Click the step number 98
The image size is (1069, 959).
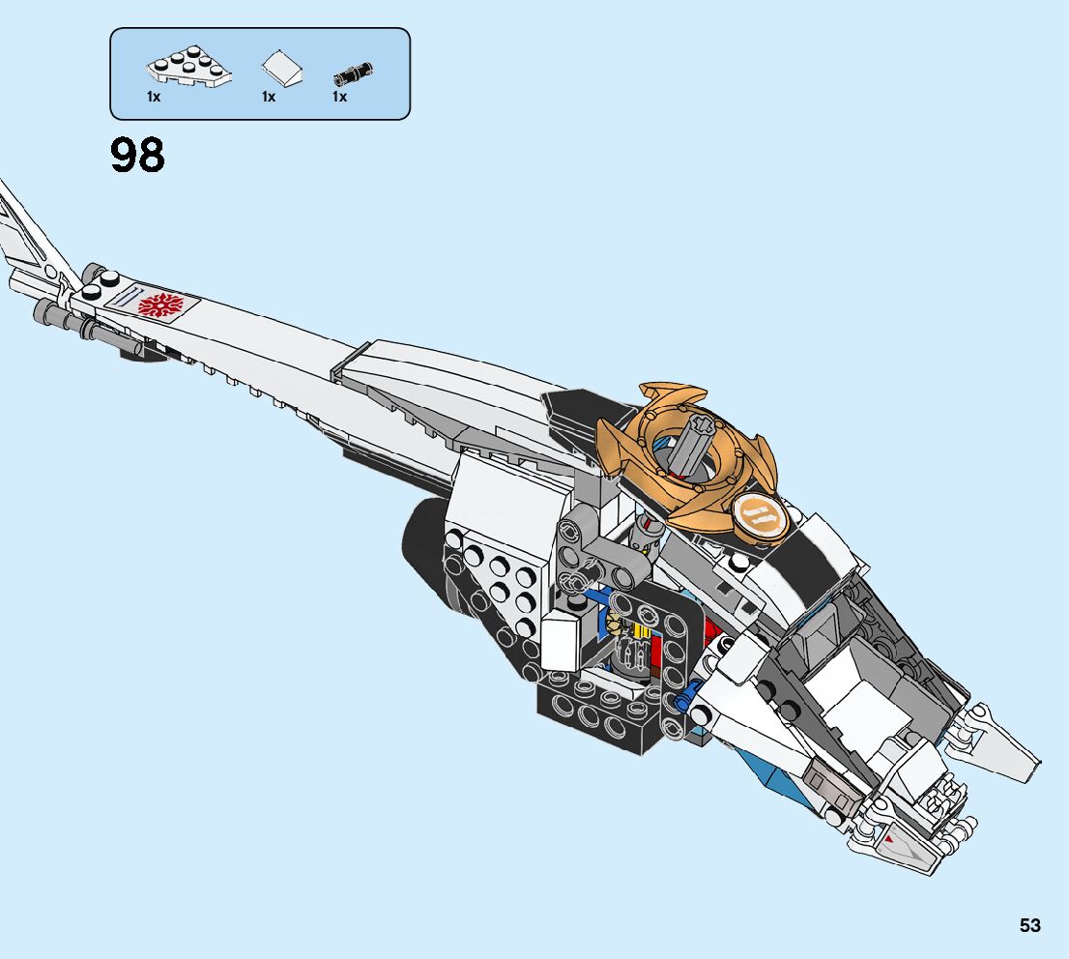coord(137,156)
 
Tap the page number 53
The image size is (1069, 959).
coord(1029,925)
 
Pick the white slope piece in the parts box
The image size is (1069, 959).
coord(281,70)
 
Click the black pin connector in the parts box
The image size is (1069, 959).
coord(353,73)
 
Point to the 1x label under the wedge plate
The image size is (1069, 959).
coord(154,97)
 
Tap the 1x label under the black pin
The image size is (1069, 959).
coord(339,97)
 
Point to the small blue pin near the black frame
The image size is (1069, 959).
coord(686,694)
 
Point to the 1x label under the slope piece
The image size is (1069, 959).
coord(268,97)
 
